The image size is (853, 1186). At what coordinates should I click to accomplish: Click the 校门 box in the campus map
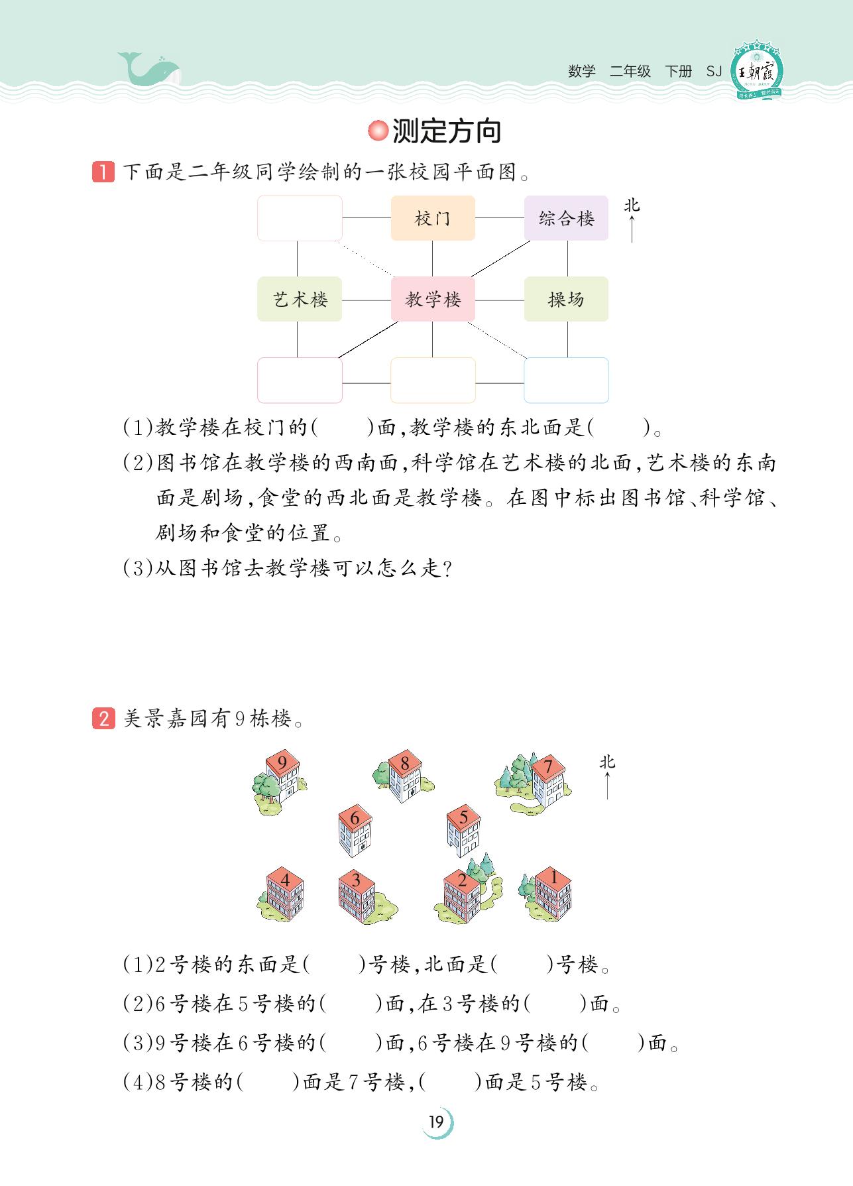pos(433,218)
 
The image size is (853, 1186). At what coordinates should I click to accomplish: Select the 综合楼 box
pos(566,218)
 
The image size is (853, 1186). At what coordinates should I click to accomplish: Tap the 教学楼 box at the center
pos(433,299)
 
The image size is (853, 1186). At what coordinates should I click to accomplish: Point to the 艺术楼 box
pos(300,299)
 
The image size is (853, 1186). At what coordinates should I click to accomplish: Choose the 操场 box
pos(566,299)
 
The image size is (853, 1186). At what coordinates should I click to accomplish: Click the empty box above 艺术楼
pos(300,218)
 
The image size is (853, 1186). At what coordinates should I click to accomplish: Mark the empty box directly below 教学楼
pos(433,380)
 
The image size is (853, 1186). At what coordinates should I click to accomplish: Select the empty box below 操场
pos(566,380)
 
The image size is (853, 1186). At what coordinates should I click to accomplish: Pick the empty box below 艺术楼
pos(300,380)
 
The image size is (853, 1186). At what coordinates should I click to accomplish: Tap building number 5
pos(463,831)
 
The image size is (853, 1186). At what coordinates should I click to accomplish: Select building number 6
pos(355,831)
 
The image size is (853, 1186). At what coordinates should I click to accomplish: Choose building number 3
pos(357,895)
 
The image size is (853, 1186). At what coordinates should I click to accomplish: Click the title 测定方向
pos(446,131)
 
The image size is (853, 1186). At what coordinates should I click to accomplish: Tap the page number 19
pos(436,1122)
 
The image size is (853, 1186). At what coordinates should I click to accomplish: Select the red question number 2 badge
pos(103,718)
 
